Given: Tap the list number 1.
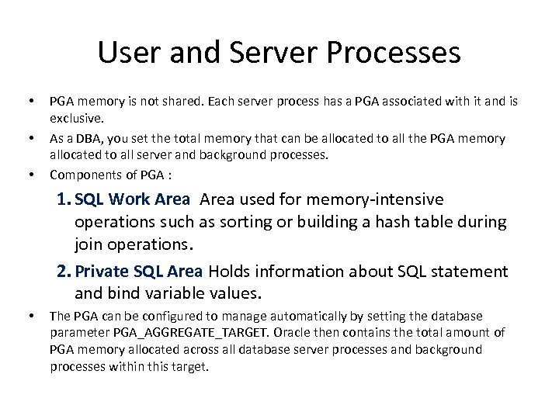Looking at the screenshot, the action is tap(64, 199).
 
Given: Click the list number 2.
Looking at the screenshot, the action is tap(64, 271).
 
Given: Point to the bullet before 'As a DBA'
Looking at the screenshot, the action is tap(31, 138).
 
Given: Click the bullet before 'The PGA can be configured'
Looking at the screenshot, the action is tap(31, 316).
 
